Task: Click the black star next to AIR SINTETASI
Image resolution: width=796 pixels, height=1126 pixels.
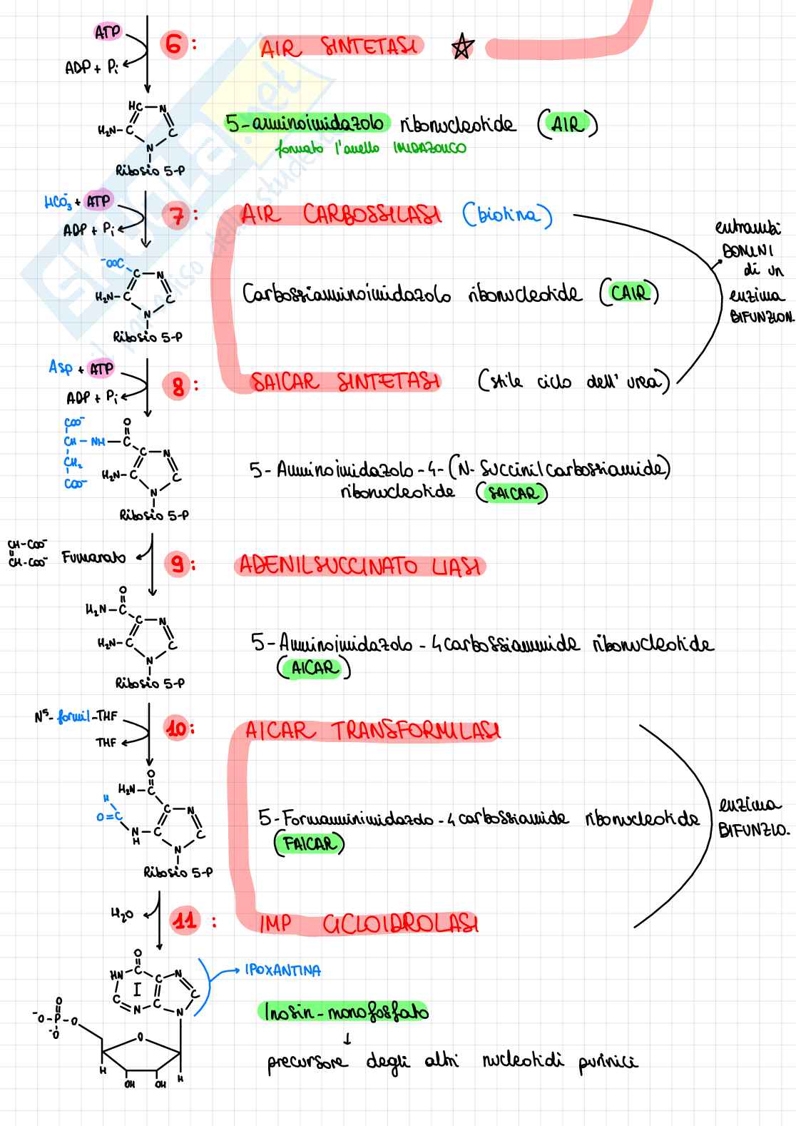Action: (462, 47)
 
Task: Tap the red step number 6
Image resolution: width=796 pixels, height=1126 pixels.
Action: (173, 45)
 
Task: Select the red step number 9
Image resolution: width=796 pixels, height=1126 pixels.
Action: (175, 565)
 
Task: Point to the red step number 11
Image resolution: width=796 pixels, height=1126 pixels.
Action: (185, 920)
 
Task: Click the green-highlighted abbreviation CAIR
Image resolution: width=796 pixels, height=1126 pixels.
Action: (629, 293)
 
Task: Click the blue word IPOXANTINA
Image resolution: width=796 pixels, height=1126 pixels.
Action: (283, 970)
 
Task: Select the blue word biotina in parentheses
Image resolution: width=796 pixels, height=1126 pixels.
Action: (507, 215)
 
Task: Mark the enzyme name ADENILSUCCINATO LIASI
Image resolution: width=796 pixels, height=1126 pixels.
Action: (359, 567)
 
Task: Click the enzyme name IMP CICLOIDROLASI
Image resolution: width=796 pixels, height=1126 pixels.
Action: (368, 924)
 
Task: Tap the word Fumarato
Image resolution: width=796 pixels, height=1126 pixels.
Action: (93, 557)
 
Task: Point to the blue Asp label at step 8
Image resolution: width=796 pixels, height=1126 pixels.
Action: (60, 367)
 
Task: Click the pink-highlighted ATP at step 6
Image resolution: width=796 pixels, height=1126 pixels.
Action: (108, 33)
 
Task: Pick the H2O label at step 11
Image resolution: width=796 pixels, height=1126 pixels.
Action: (122, 913)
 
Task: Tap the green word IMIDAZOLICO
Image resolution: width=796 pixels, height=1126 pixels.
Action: (429, 148)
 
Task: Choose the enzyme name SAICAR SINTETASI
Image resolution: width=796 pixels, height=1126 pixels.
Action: (345, 382)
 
